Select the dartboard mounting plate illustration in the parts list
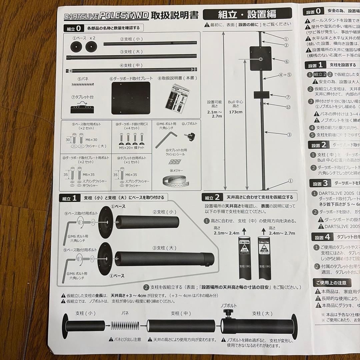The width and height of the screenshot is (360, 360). point(131,98)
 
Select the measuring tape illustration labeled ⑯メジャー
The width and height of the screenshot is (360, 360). point(175,180)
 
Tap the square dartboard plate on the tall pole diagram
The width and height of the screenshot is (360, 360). point(260,58)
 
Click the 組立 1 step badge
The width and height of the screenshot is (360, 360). point(69,198)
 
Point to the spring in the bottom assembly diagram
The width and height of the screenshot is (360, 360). point(125,324)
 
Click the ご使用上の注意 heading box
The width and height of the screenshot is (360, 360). point(331,283)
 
